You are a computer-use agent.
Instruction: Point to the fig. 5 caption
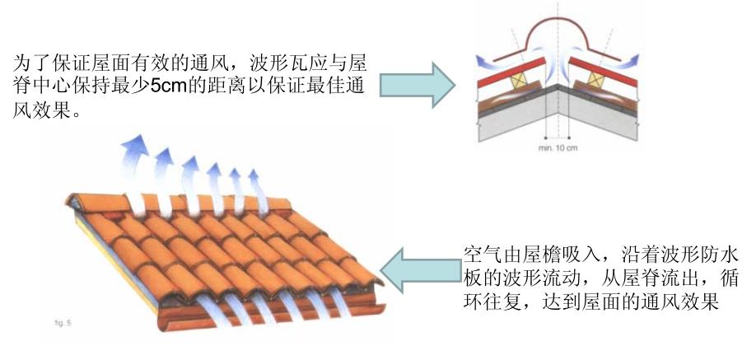pyautogui.click(x=54, y=325)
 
